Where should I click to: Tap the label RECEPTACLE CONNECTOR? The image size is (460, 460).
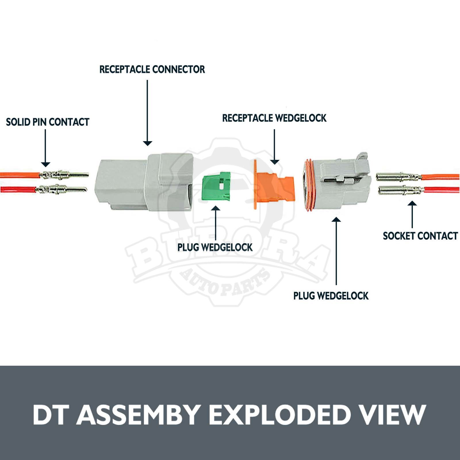point(152,69)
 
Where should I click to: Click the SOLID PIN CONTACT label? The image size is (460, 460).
point(48,122)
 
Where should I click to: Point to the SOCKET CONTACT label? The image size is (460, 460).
point(420,236)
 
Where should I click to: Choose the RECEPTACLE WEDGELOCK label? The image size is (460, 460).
point(274,118)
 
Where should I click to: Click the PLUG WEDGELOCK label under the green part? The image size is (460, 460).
point(215,247)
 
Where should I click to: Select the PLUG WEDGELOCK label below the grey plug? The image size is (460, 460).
point(331,296)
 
